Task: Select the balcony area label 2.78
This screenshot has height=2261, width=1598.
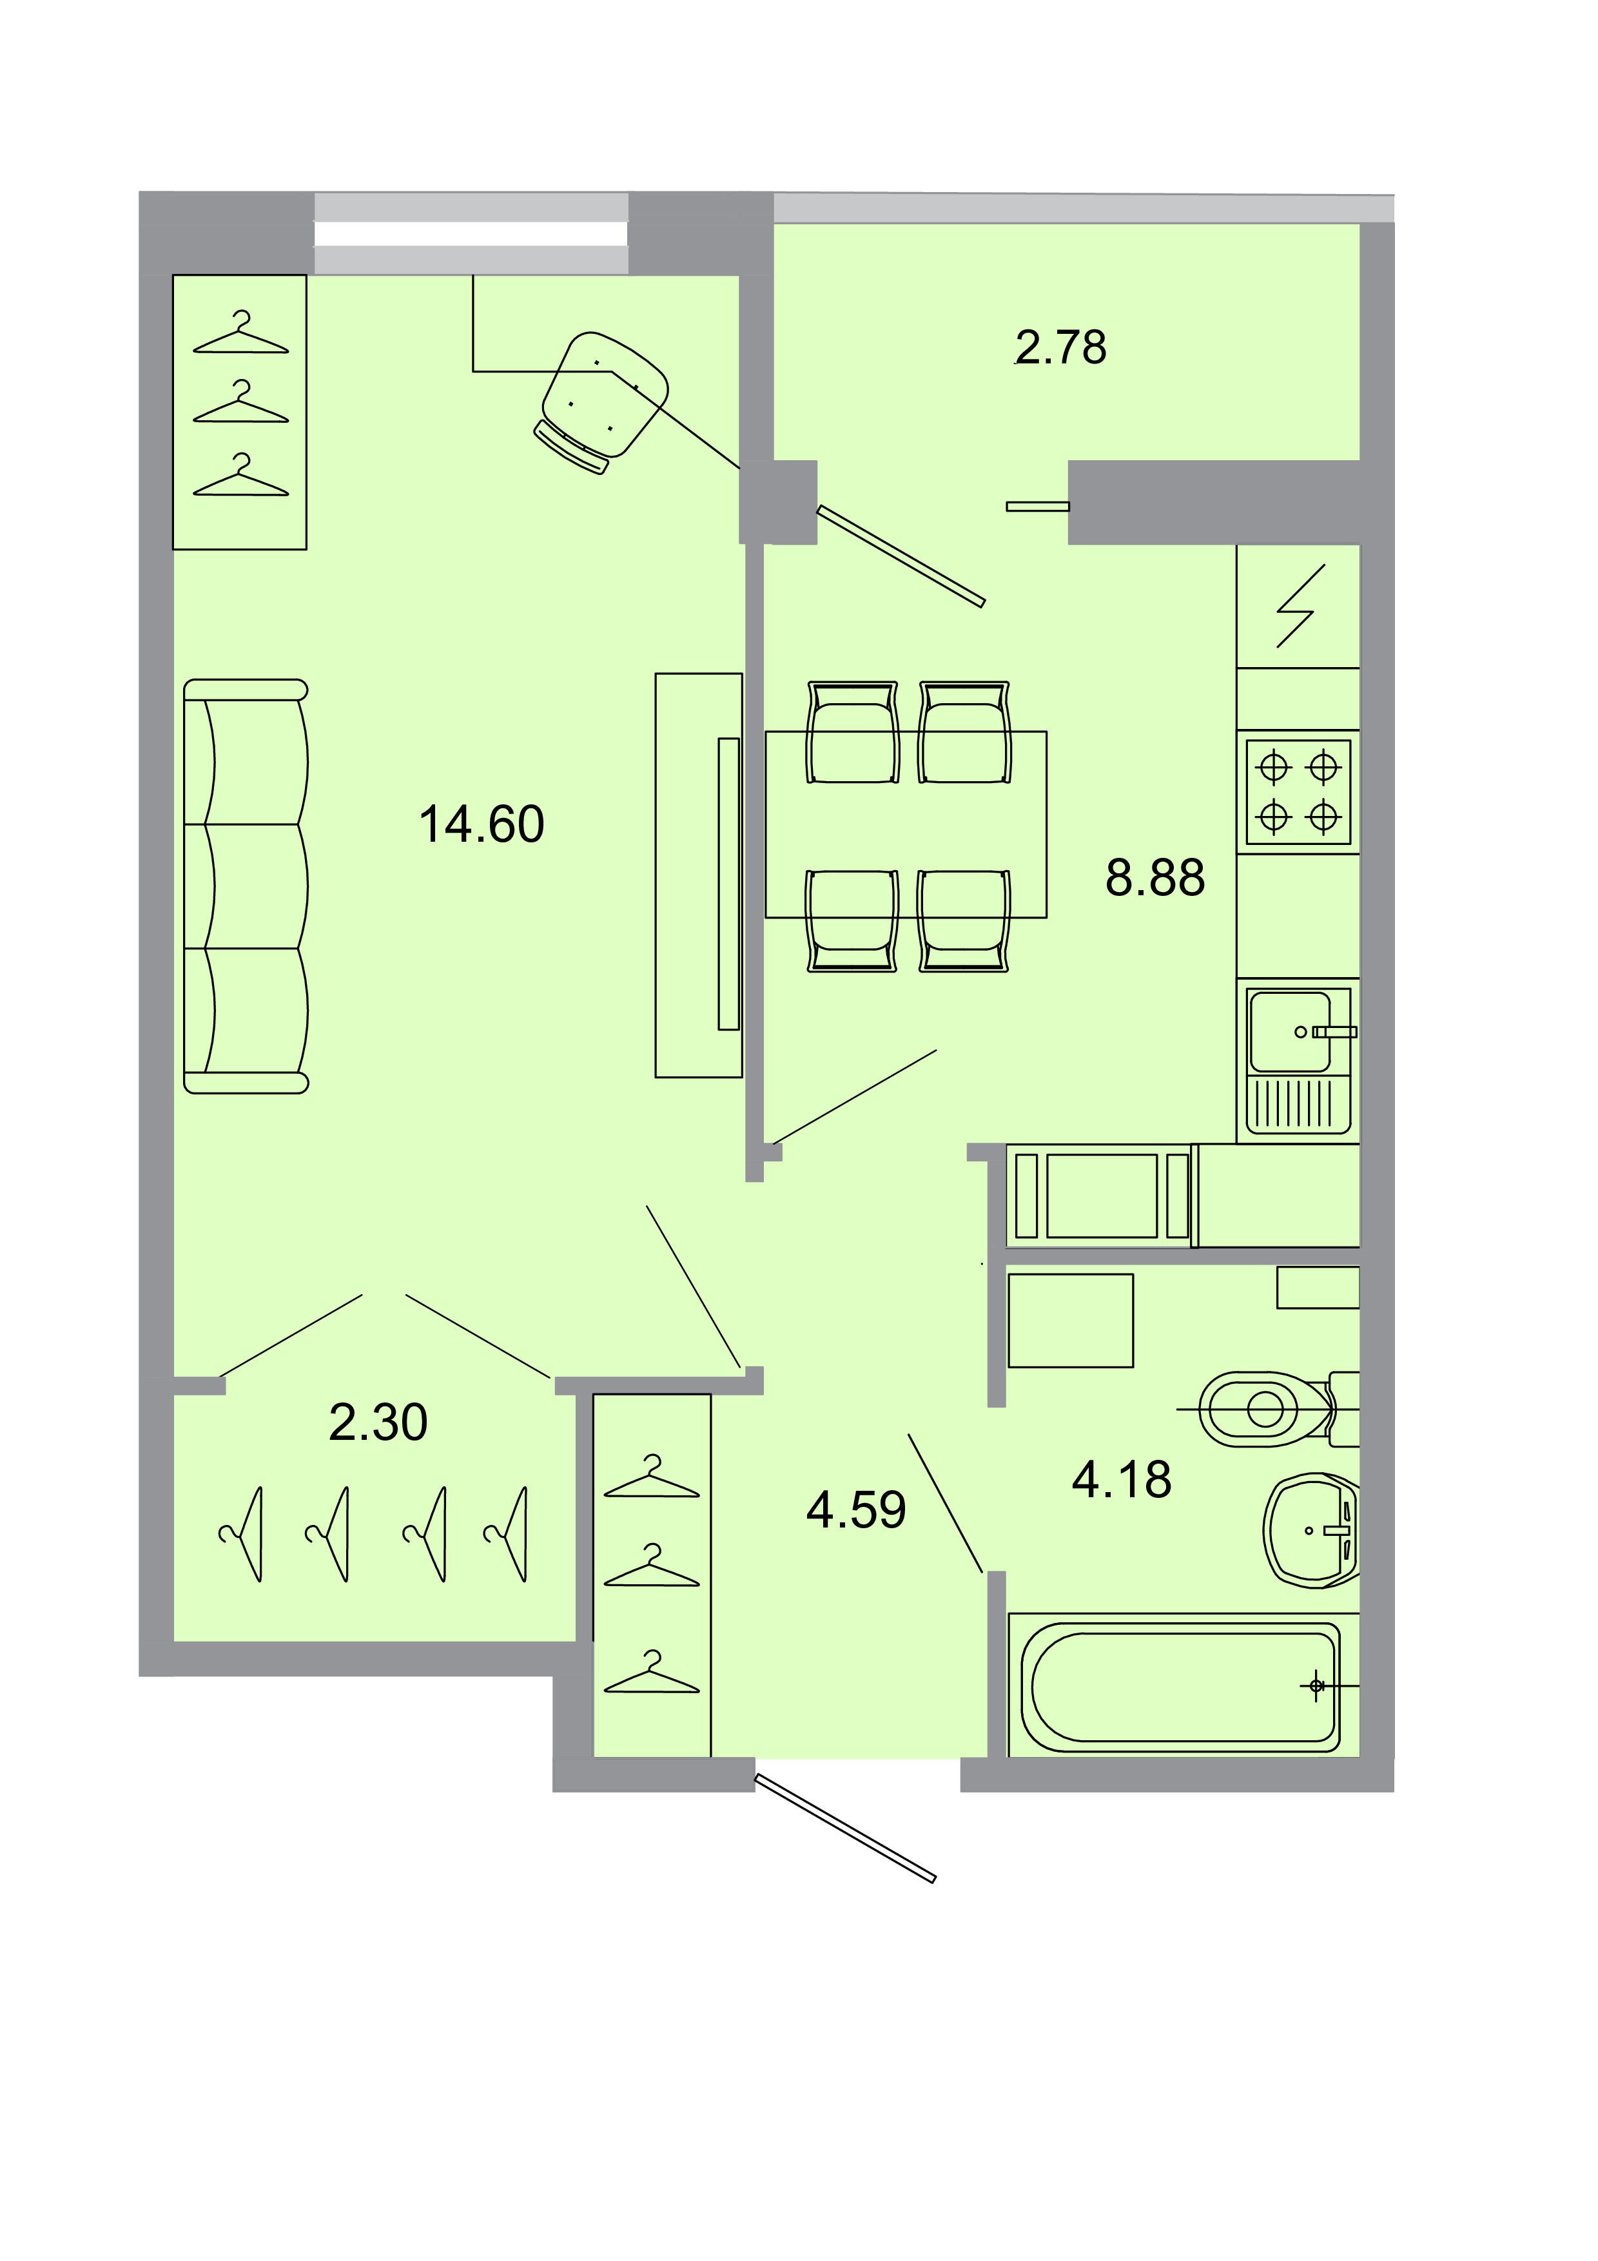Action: pos(1060,347)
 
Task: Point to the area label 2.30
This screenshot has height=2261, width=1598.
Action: pos(378,1422)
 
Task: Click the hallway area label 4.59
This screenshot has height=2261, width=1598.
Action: pos(855,1509)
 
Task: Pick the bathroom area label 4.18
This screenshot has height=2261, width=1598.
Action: pos(1122,1479)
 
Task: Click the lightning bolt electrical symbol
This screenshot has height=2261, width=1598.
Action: pos(1300,606)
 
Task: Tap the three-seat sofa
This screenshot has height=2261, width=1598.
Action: pos(246,886)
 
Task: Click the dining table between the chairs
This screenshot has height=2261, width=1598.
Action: pos(905,825)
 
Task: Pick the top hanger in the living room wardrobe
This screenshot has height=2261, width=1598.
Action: pos(240,335)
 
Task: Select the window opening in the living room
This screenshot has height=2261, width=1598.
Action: pos(471,233)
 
